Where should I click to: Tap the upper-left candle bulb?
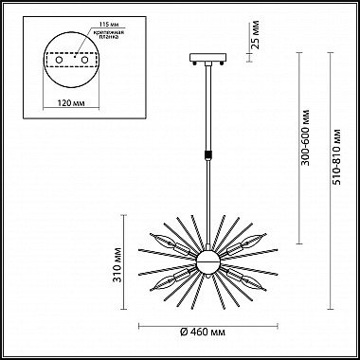point(167,241)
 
